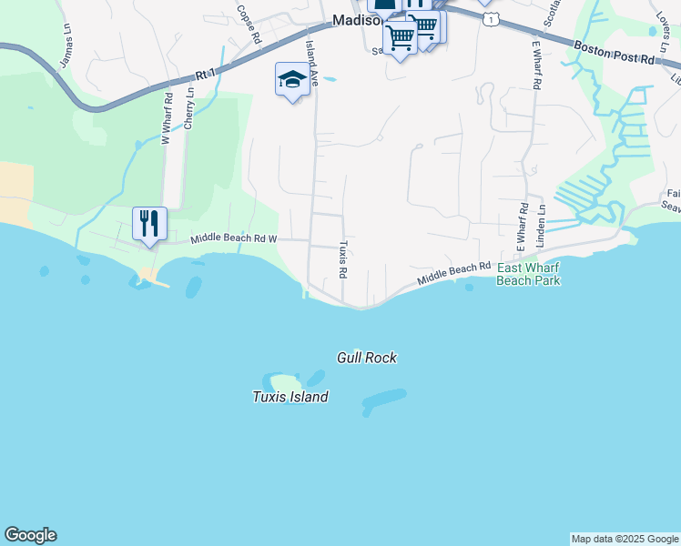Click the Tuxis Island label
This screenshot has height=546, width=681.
pyautogui.click(x=290, y=397)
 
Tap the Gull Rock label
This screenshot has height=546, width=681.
pyautogui.click(x=366, y=358)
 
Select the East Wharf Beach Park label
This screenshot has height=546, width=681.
pyautogui.click(x=528, y=274)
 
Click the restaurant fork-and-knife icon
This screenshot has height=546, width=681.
pyautogui.click(x=148, y=224)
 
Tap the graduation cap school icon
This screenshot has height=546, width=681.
pyautogui.click(x=292, y=79)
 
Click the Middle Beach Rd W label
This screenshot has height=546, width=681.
pyautogui.click(x=234, y=238)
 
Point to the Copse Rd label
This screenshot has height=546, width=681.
pyautogui.click(x=249, y=24)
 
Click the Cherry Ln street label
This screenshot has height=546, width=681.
pyautogui.click(x=189, y=107)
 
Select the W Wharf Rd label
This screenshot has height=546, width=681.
pyautogui.click(x=167, y=118)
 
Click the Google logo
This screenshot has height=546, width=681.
pyautogui.click(x=30, y=535)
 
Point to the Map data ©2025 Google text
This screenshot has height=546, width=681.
pyautogui.click(x=625, y=539)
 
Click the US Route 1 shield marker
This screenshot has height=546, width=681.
pyautogui.click(x=492, y=18)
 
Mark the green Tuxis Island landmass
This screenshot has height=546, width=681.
pyautogui.click(x=281, y=382)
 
